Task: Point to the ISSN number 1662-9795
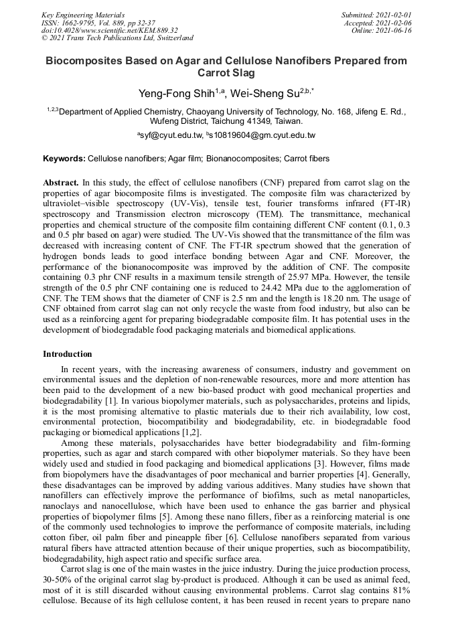point(81,22)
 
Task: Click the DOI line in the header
point(110,30)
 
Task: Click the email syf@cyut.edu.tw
point(171,135)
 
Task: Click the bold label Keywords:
point(64,159)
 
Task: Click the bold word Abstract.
point(61,182)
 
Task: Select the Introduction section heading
point(68,353)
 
